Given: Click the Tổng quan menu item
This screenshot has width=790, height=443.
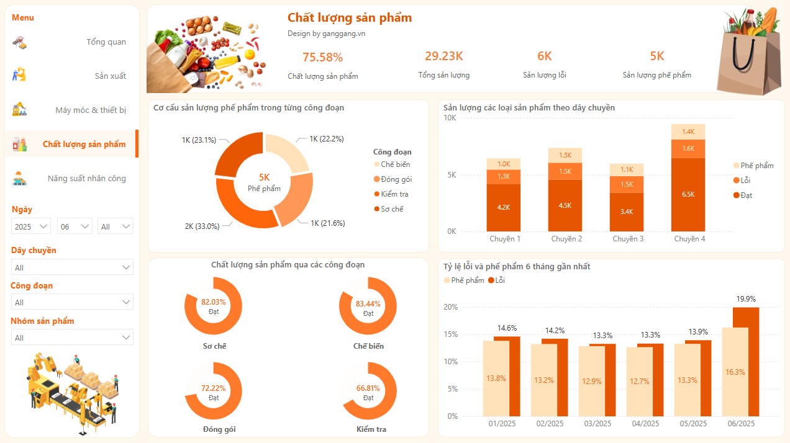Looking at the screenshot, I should click(x=106, y=42).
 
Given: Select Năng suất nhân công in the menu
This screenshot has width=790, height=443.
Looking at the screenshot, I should click(x=86, y=179).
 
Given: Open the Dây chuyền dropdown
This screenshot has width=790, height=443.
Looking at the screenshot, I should click(x=72, y=267).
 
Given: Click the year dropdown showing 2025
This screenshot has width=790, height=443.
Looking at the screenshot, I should click(x=32, y=226).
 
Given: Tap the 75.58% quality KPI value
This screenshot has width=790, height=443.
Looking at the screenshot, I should click(x=322, y=58).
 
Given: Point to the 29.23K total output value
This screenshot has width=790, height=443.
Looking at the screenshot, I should click(x=443, y=56).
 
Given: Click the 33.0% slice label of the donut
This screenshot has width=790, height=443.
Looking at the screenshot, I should click(x=202, y=226).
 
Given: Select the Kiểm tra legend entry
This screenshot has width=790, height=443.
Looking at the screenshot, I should click(x=394, y=194).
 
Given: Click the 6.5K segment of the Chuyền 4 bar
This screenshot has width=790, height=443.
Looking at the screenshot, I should click(x=688, y=194).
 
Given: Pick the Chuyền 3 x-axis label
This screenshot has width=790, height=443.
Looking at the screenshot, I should click(x=628, y=239).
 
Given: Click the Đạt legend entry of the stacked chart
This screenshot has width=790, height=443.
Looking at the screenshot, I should click(x=746, y=195).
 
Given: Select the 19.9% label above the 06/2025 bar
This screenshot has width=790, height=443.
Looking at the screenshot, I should click(x=745, y=299).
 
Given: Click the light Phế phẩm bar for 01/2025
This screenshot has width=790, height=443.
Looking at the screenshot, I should click(x=496, y=378).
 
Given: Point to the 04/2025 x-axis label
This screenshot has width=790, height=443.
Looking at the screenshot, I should click(x=645, y=424).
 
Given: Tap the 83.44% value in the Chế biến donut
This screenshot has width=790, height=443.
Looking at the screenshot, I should click(x=368, y=304).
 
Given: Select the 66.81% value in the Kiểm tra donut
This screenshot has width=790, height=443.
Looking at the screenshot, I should click(x=368, y=388).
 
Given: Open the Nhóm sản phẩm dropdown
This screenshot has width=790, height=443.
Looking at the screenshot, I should click(x=72, y=338).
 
